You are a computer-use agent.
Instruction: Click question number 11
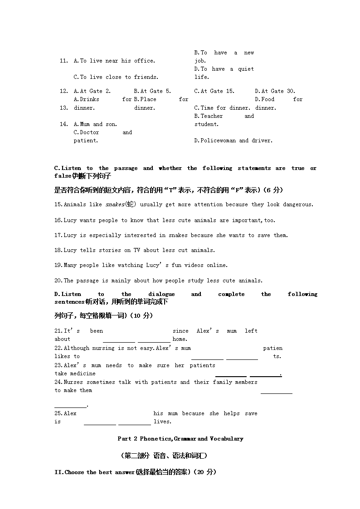(63, 61)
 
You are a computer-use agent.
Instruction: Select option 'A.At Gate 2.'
(92, 91)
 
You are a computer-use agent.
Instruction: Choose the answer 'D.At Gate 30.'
(275, 91)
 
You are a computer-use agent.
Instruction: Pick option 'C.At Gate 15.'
(214, 91)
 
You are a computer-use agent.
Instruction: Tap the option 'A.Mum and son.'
(95, 124)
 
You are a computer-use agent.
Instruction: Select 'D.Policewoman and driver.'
(234, 141)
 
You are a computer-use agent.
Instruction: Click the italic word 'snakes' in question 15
(115, 204)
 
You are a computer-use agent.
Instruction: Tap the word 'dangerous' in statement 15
(297, 204)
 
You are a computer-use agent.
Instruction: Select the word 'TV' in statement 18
(136, 250)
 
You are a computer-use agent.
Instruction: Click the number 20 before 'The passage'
(58, 281)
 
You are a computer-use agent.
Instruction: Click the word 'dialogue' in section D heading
(161, 294)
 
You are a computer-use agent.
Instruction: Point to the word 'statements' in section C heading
(254, 168)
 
